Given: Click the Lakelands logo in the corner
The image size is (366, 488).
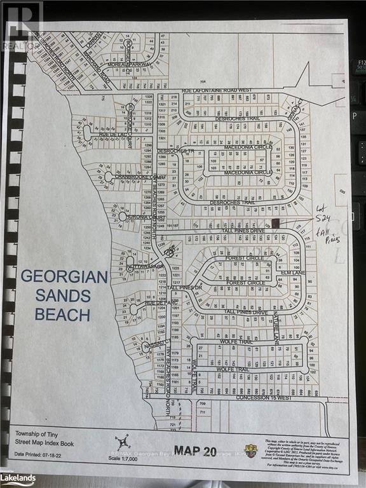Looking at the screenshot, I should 17,477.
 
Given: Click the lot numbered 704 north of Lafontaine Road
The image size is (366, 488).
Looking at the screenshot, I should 203,81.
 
